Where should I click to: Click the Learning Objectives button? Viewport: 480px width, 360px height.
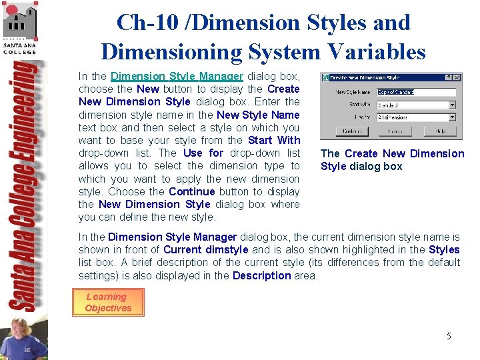107,302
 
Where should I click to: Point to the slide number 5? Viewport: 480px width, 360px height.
449,336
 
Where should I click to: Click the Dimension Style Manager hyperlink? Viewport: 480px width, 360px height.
177,77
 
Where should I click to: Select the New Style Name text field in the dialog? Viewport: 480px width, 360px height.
416,92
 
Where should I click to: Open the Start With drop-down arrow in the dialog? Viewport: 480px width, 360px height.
452,105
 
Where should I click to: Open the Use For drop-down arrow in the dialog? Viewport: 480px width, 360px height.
452,117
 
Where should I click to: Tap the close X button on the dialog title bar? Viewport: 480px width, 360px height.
457,78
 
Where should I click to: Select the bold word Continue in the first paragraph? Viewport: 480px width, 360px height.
192,191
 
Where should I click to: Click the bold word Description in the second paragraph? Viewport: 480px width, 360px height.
261,275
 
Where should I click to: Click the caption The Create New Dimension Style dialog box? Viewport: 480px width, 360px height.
392,160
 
